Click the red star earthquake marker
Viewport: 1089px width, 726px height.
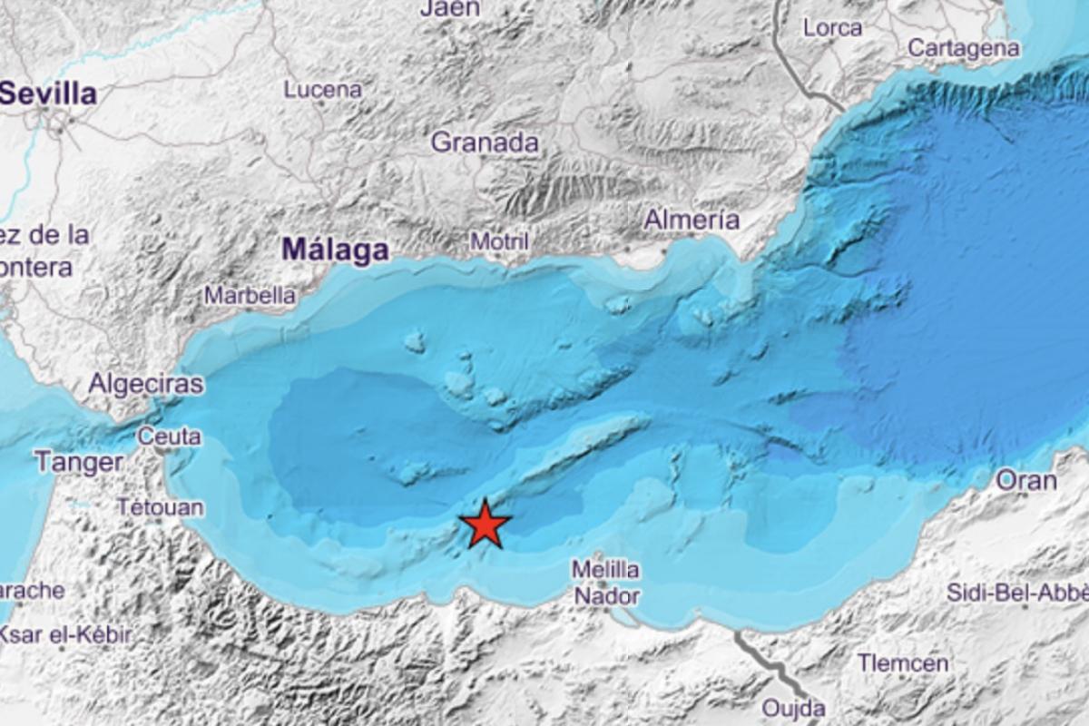pyautogui.click(x=486, y=525)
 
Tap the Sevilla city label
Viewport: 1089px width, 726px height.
pyautogui.click(x=49, y=93)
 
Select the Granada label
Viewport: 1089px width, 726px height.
pyautogui.click(x=485, y=142)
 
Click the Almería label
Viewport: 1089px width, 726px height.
pyautogui.click(x=692, y=219)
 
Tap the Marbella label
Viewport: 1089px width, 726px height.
pyautogui.click(x=250, y=295)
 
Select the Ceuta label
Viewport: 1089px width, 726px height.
pyautogui.click(x=170, y=436)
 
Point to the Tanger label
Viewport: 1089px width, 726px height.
pyautogui.click(x=79, y=462)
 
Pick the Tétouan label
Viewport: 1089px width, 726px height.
pyautogui.click(x=160, y=506)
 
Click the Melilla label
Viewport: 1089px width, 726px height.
pyautogui.click(x=605, y=570)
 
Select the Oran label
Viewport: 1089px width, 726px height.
pyautogui.click(x=1026, y=480)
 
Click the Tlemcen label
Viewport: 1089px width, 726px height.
pyautogui.click(x=903, y=663)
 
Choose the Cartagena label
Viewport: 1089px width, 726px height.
pyautogui.click(x=963, y=48)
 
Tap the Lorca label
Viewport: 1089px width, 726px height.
pyautogui.click(x=832, y=27)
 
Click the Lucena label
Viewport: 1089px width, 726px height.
pyautogui.click(x=323, y=90)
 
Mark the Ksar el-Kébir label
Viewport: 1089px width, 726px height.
pyautogui.click(x=65, y=634)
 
